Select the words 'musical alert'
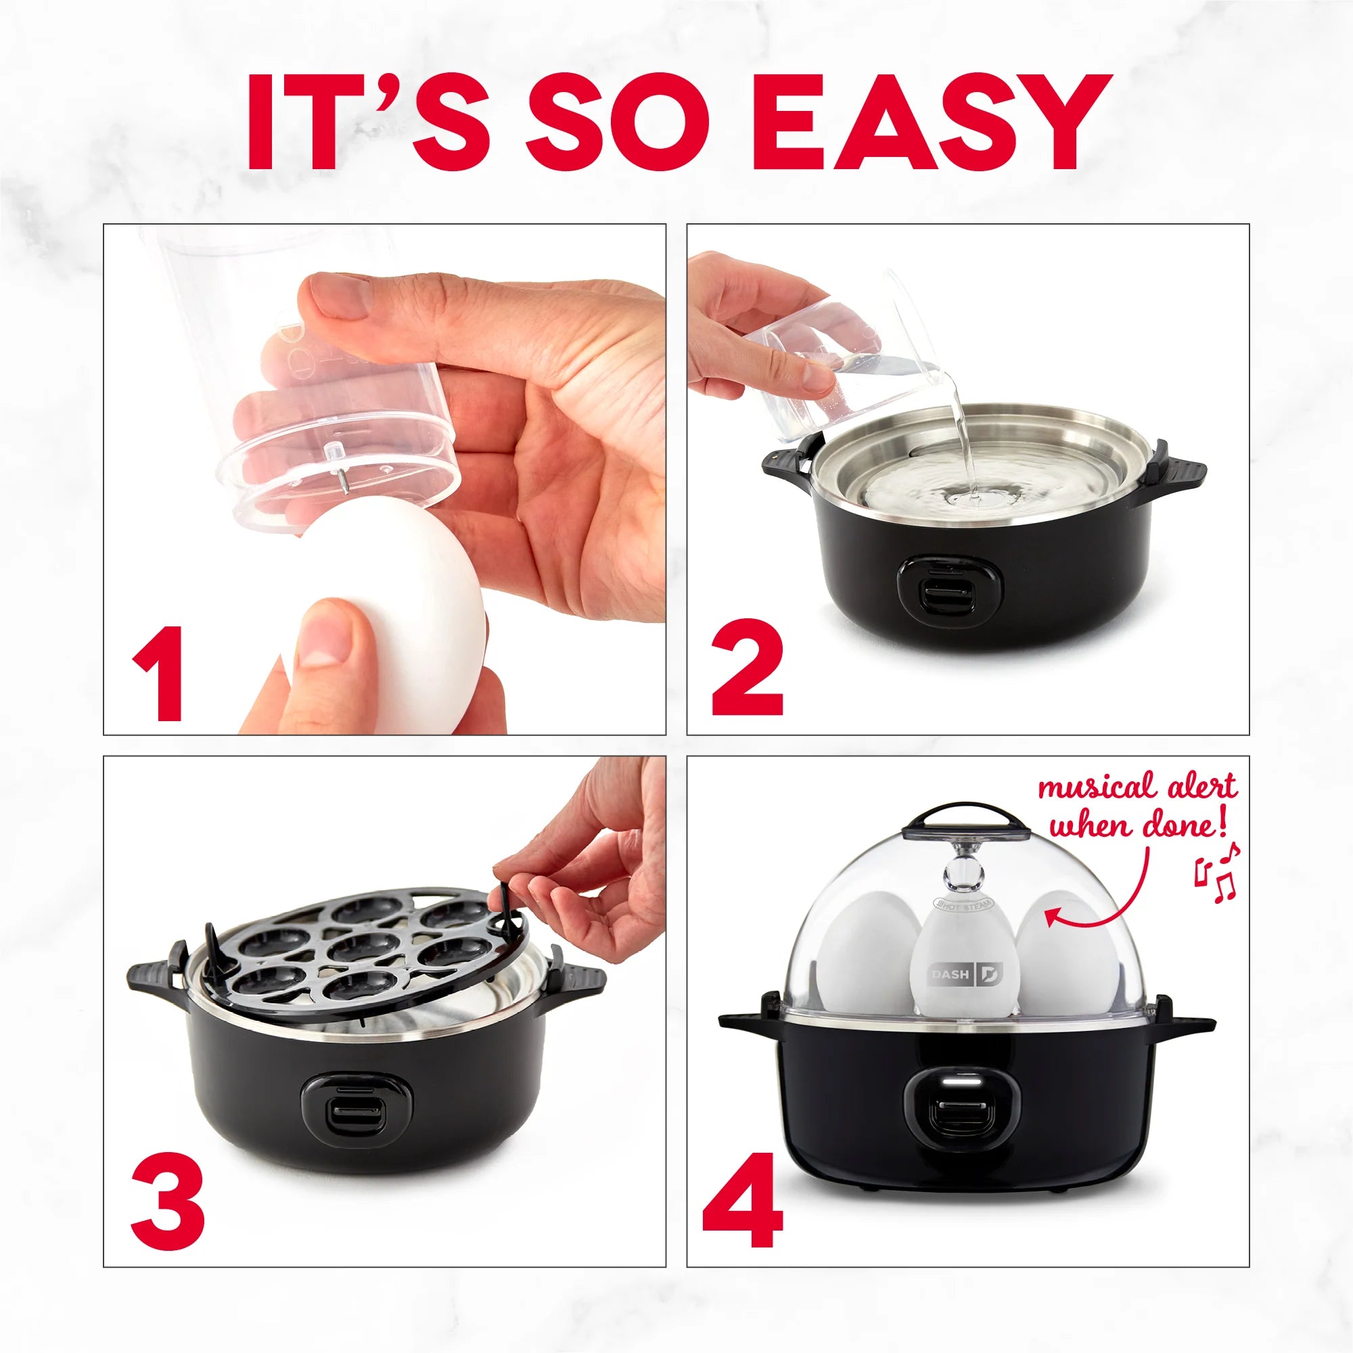click(x=1137, y=787)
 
